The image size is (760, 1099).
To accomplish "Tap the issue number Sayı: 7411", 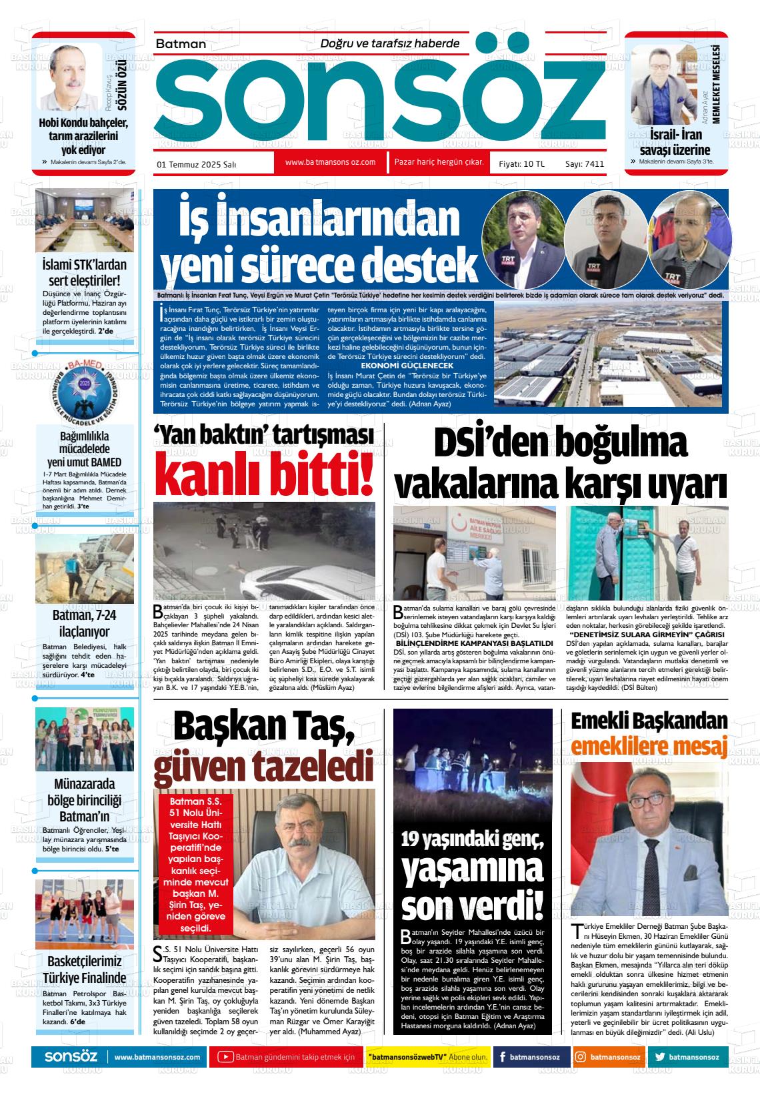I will click(585, 163).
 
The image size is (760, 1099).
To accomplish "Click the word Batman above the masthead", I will click(181, 43).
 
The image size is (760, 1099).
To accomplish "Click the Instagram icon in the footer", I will click(581, 1057).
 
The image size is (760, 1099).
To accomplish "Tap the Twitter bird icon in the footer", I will click(659, 1057).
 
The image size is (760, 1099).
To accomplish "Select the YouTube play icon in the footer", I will click(226, 1057).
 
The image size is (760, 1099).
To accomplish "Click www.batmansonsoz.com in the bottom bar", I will click(157, 1057).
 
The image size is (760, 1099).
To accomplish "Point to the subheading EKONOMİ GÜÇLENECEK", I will click(407, 366).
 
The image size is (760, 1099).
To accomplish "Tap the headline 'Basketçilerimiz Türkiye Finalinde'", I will click(85, 970).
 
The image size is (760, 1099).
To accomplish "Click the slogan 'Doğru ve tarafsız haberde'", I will click(390, 43).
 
